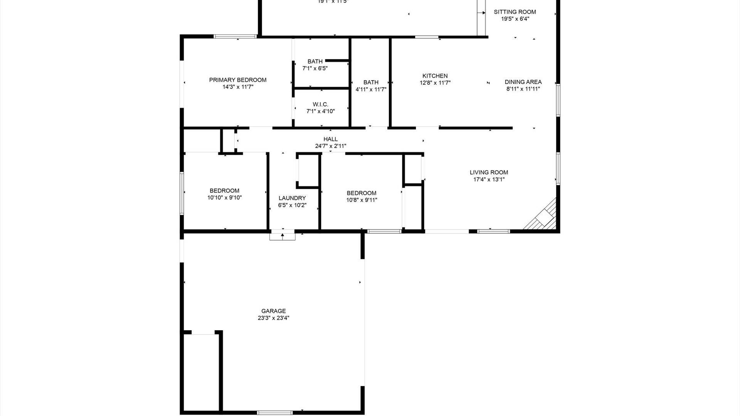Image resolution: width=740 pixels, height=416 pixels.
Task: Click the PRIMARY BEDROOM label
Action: click(x=238, y=80)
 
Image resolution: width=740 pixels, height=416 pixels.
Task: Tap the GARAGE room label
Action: click(x=273, y=311)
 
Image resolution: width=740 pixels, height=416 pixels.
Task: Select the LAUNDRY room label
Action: click(x=292, y=198)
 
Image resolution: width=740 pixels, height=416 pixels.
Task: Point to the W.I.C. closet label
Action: click(x=320, y=104)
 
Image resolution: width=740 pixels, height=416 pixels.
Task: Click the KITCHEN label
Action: click(x=435, y=76)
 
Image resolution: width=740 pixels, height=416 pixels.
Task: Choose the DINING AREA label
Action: click(x=523, y=82)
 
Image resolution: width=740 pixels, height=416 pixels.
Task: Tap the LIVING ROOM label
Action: click(x=489, y=173)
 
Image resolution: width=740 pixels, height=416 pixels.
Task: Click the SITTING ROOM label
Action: click(x=515, y=12)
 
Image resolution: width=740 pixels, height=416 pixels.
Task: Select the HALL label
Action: click(x=331, y=139)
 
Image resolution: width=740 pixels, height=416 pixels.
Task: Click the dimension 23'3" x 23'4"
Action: click(x=273, y=318)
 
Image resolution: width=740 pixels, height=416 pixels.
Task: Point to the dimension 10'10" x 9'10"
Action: click(x=224, y=198)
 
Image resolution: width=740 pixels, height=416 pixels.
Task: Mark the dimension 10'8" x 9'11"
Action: click(x=362, y=200)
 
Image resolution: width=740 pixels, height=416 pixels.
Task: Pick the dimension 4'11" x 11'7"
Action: click(x=371, y=89)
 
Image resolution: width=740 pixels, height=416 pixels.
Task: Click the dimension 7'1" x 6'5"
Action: click(x=315, y=69)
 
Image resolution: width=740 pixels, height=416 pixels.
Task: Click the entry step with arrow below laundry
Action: click(x=283, y=235)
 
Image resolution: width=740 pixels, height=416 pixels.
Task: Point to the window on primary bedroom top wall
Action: click(x=235, y=37)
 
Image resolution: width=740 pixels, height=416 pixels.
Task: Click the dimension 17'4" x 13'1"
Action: click(x=489, y=179)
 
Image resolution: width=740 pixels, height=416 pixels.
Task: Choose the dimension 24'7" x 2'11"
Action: click(x=331, y=146)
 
